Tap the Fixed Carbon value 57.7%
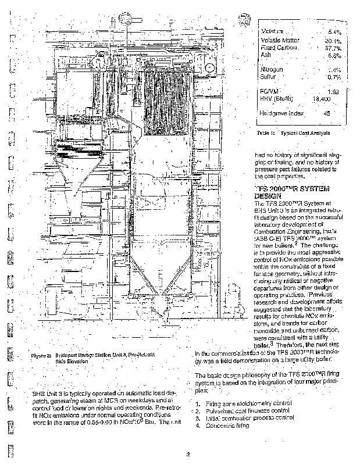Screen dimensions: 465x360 click(x=333, y=48)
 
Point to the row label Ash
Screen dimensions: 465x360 click(x=266, y=55)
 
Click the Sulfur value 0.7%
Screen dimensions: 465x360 click(x=334, y=77)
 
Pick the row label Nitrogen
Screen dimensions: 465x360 click(x=273, y=69)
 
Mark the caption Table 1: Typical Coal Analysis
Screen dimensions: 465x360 click(x=293, y=133)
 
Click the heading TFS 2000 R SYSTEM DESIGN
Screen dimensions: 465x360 click(x=291, y=193)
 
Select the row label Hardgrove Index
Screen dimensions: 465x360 click(x=283, y=113)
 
